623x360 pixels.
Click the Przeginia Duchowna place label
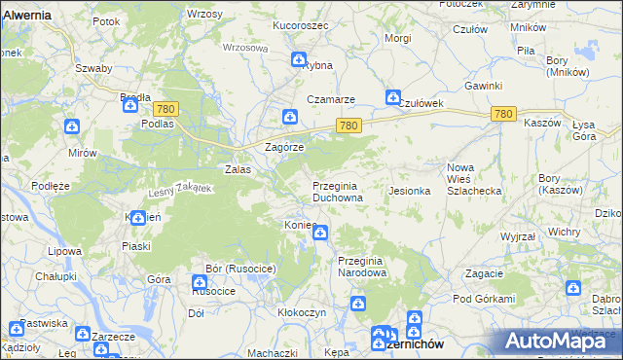[x=338, y=191]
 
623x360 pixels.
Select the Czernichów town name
[x=415, y=343]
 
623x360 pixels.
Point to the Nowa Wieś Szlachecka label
[x=473, y=179]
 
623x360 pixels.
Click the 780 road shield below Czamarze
[x=350, y=126]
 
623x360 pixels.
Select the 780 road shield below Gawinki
[x=502, y=115]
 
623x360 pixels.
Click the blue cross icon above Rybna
[x=299, y=60]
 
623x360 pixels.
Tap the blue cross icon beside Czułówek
[x=392, y=97]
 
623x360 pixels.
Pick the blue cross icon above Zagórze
[x=289, y=118]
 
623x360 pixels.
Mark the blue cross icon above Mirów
[x=71, y=126]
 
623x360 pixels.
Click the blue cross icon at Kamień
[x=139, y=217]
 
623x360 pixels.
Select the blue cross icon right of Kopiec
[x=320, y=233]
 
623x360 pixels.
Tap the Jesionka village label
[x=410, y=191]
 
